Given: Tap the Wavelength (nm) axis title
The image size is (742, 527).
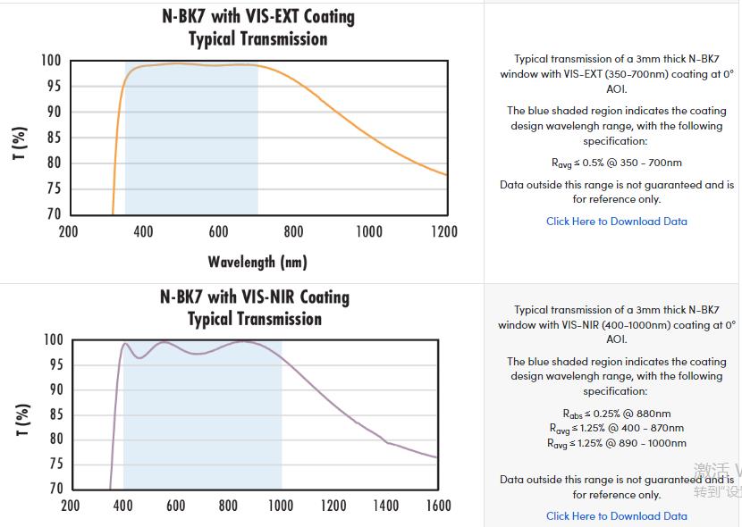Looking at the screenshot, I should point(257,262).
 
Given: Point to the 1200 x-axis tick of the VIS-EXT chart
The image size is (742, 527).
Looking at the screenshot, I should point(444,232).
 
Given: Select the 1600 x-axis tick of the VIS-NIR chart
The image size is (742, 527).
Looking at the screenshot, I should point(438,506).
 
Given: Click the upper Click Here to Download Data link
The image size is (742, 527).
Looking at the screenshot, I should point(617,222).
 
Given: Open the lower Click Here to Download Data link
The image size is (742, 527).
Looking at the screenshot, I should point(617,516).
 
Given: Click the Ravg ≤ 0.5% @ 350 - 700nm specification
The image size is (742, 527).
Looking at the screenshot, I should point(617,163).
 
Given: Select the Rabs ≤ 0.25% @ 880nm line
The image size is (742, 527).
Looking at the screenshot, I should point(617,414).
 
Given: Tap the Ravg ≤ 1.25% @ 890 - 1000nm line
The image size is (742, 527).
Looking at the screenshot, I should point(617,443).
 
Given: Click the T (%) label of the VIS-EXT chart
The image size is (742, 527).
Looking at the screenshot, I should point(21,143).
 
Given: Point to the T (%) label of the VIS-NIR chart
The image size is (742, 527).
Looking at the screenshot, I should point(23,420).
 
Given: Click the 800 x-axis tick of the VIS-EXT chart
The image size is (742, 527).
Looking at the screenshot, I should point(294,232).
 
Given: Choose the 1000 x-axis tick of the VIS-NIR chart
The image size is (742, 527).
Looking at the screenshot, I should point(281,506).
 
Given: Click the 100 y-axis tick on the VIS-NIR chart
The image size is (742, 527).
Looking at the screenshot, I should point(54,340).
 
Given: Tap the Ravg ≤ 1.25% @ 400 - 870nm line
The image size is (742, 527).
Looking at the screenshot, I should point(617,429).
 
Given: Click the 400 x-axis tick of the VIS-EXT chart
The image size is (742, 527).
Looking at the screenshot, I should point(143,232).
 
